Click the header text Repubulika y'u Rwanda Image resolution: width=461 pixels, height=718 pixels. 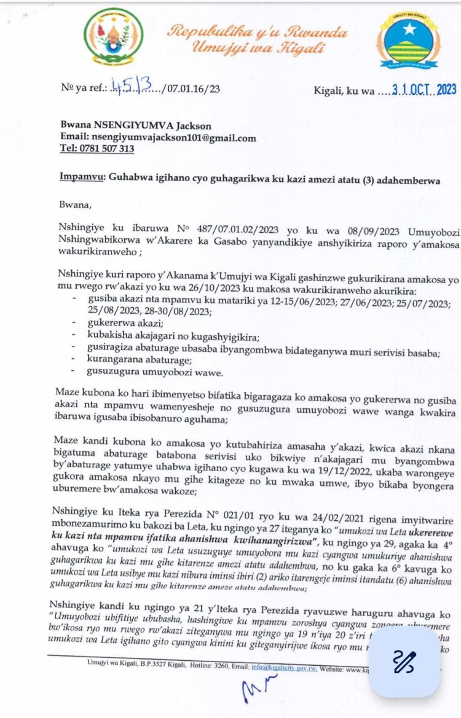(x=258, y=31)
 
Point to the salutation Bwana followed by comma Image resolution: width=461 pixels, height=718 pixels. (x=75, y=203)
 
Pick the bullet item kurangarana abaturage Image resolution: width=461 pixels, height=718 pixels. (x=140, y=360)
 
